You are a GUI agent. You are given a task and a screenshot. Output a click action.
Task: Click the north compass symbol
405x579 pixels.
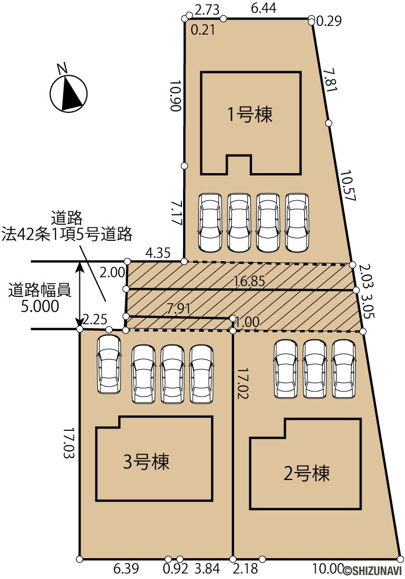pyautogui.click(x=68, y=92)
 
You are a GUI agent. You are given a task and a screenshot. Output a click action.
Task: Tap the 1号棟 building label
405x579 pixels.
pyautogui.click(x=249, y=115)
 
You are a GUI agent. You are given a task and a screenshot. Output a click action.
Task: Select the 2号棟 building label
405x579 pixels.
pyautogui.click(x=307, y=473)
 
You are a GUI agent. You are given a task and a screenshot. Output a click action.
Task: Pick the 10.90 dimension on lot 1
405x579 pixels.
pyautogui.click(x=177, y=96)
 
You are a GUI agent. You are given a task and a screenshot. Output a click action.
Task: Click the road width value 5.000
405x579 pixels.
pyautogui.click(x=39, y=306)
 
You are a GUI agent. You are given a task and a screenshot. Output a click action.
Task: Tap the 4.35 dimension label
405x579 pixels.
pyautogui.click(x=158, y=252)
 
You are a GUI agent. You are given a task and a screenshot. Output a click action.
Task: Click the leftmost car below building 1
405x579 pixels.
pyautogui.click(x=210, y=222)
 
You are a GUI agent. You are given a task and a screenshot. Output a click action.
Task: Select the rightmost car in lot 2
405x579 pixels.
pyautogui.click(x=344, y=369)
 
